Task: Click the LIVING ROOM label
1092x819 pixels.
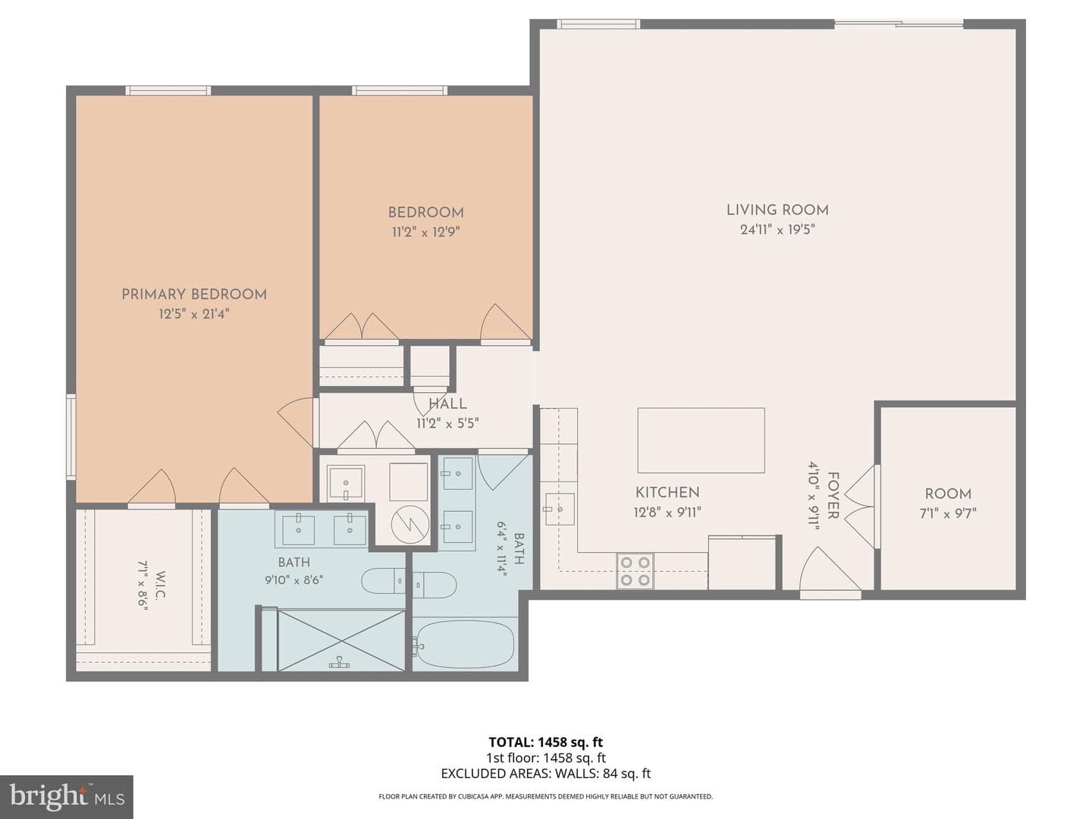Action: click(777, 210)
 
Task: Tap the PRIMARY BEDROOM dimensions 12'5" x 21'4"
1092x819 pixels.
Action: click(194, 314)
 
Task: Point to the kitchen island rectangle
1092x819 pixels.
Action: click(701, 440)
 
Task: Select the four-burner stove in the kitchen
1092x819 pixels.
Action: click(635, 571)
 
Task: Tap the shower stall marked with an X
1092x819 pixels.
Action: click(340, 640)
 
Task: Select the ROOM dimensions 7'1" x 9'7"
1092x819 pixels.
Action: click(948, 513)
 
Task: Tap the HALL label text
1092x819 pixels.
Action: click(447, 403)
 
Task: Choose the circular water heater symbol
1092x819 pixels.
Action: click(410, 526)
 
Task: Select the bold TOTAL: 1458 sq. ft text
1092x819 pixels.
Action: click(546, 742)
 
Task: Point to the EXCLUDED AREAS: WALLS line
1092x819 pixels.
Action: click(546, 773)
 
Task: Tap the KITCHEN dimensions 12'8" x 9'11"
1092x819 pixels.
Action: click(667, 512)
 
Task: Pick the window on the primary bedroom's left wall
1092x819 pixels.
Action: click(71, 437)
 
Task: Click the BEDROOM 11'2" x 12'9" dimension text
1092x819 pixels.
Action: click(426, 232)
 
